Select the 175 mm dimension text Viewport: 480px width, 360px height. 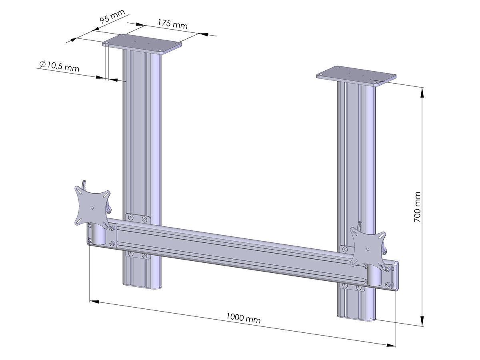point(172,23)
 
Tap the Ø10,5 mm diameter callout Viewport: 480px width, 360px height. point(59,66)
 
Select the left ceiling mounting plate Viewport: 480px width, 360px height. point(142,44)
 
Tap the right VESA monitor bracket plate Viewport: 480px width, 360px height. point(368,246)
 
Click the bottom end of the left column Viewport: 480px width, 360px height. point(142,285)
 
